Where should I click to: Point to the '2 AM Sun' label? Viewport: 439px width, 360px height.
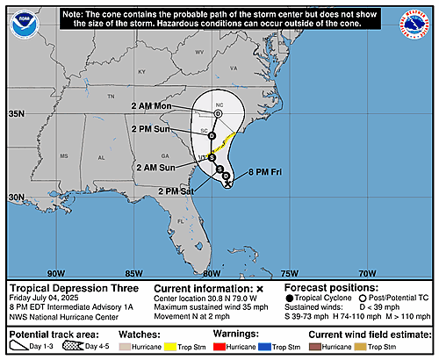(x=156, y=166)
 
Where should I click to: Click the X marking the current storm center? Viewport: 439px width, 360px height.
(x=228, y=184)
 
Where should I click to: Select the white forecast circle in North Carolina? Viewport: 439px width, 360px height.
(x=218, y=114)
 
